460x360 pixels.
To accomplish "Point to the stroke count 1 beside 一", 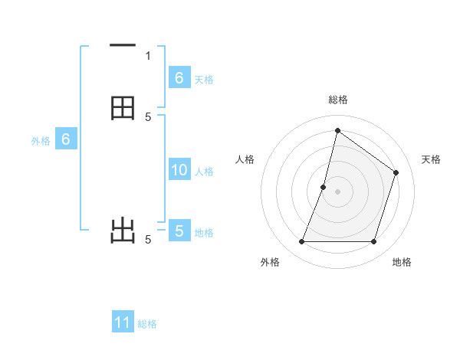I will (148, 55).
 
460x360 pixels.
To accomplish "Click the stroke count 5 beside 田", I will (148, 116).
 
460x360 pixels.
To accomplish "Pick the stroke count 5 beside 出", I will (148, 240).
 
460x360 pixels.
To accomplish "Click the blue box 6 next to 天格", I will (179, 77).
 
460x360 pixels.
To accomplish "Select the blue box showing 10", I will (179, 170).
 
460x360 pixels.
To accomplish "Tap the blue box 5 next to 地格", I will (179, 231).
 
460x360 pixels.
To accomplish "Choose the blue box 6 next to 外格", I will (66, 139).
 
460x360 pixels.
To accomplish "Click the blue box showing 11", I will (123, 322).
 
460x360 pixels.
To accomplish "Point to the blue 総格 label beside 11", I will (147, 324).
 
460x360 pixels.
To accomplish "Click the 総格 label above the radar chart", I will (337, 100).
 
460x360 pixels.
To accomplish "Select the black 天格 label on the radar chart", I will (431, 159).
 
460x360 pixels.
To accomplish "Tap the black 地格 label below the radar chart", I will (402, 262).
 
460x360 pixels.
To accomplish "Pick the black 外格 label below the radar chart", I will (270, 262).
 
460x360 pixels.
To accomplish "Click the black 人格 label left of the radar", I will (245, 159).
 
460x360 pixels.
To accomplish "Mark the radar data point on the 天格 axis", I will (396, 172).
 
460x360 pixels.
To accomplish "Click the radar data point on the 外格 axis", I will (301, 242).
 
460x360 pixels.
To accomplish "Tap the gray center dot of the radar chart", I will (337, 191).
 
